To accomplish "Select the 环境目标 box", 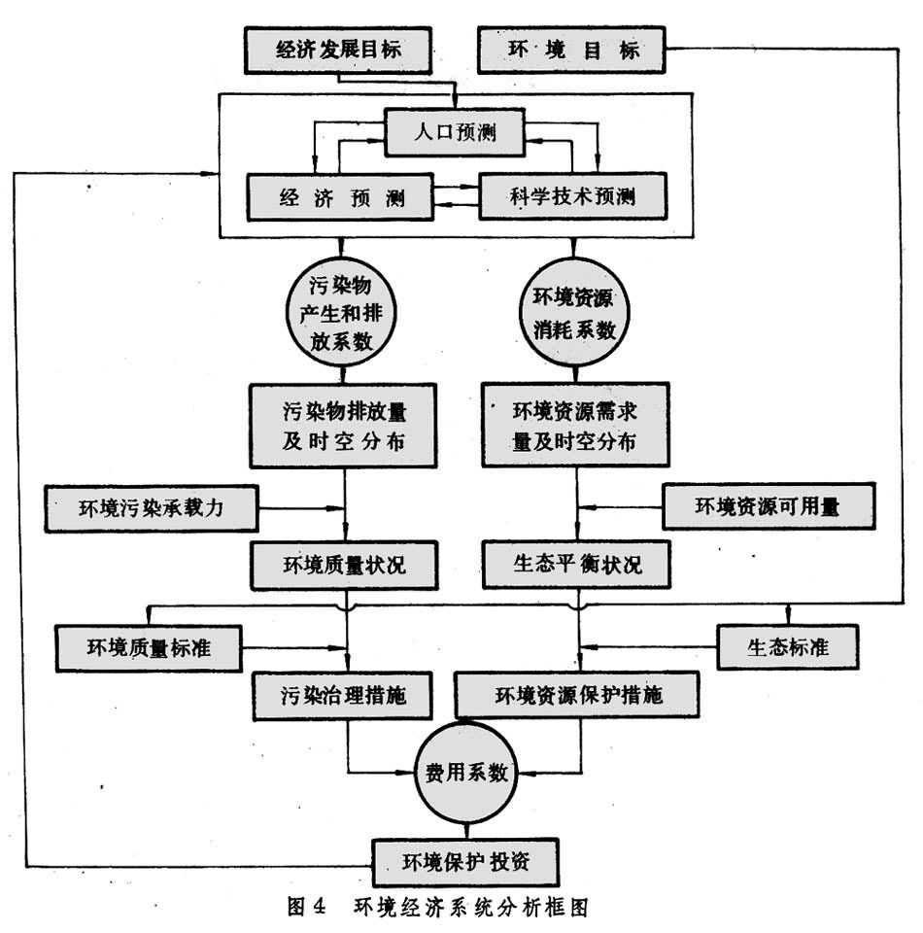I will tap(573, 49).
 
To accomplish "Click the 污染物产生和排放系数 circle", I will tap(344, 317).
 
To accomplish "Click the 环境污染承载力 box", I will tap(154, 507).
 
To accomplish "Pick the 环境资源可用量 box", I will tap(767, 506).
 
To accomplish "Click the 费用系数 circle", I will tap(466, 772).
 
